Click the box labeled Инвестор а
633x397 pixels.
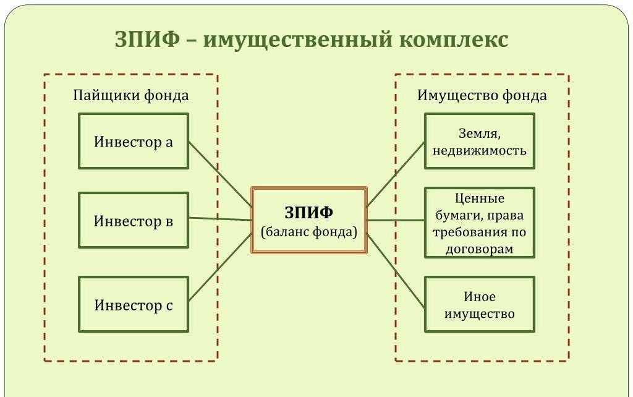(133, 141)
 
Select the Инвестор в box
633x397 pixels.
(133, 220)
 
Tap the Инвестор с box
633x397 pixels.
(133, 304)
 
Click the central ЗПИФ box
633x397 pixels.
(308, 220)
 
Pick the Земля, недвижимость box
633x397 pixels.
(479, 141)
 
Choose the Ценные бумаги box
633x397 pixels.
(479, 223)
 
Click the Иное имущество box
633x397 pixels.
(479, 304)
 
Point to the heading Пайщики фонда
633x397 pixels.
(131, 95)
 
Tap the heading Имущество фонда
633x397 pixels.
(482, 95)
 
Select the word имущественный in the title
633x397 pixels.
(297, 40)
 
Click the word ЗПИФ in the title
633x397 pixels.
(147, 40)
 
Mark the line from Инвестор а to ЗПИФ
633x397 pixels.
(220, 174)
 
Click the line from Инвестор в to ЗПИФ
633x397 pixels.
(220, 219)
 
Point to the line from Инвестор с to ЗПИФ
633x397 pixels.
(220, 267)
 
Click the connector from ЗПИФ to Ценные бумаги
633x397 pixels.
(396, 220)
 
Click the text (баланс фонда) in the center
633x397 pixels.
(308, 233)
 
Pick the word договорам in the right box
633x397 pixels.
(479, 249)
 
